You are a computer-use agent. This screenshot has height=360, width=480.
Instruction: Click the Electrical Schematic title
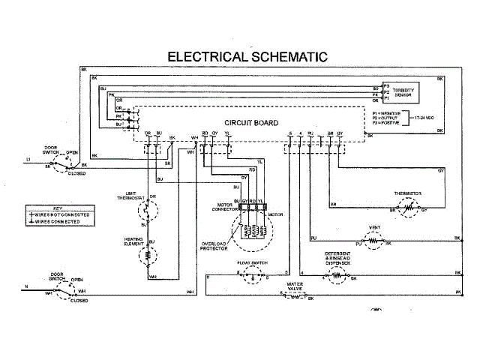click(x=247, y=56)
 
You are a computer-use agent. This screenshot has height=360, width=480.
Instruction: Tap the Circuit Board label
click(x=252, y=122)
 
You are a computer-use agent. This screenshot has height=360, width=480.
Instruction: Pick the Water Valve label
click(x=298, y=286)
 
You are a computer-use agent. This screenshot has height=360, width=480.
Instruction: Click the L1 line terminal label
click(x=28, y=160)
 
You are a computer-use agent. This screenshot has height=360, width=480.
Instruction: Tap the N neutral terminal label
click(x=27, y=286)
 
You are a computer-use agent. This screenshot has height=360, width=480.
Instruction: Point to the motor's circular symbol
click(x=251, y=229)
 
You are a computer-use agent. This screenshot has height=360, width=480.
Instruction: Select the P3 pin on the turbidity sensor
click(x=386, y=85)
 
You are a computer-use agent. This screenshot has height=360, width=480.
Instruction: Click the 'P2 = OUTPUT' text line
click(x=386, y=118)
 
